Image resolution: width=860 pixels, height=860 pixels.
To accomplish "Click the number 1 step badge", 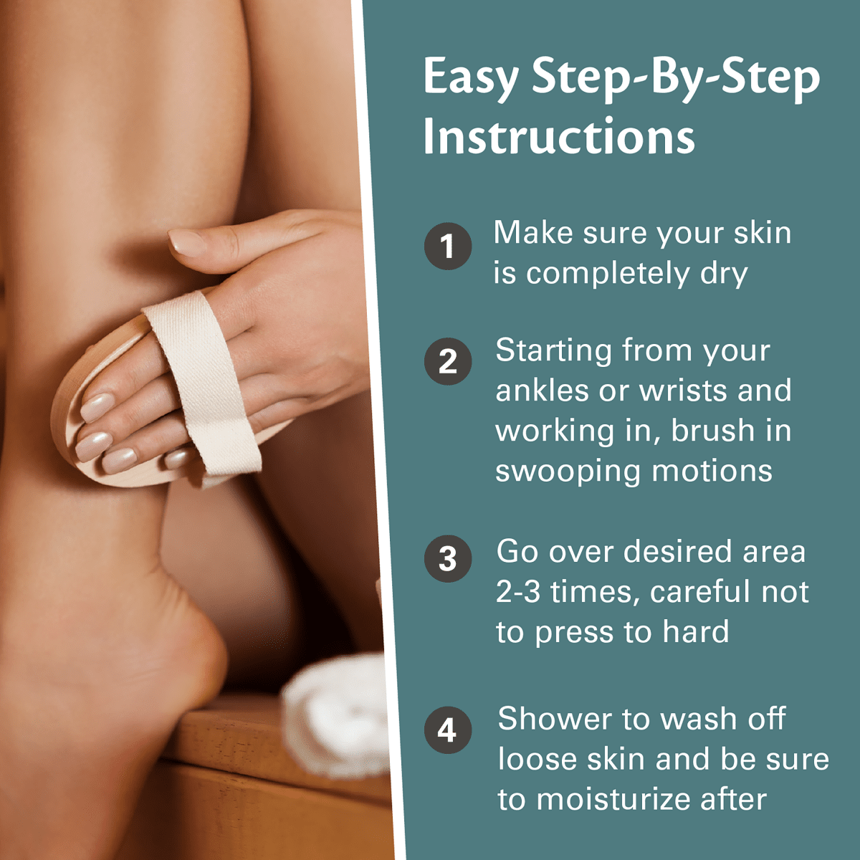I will tap(448, 247).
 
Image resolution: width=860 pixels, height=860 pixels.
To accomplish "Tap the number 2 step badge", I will tap(448, 362).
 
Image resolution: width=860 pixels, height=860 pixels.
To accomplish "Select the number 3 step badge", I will tap(448, 559).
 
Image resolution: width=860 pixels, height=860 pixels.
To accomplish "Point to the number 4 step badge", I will tap(448, 730).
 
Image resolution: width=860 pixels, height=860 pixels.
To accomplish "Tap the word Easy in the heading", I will tap(470, 77).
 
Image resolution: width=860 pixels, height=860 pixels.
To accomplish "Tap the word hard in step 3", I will tap(695, 632).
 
